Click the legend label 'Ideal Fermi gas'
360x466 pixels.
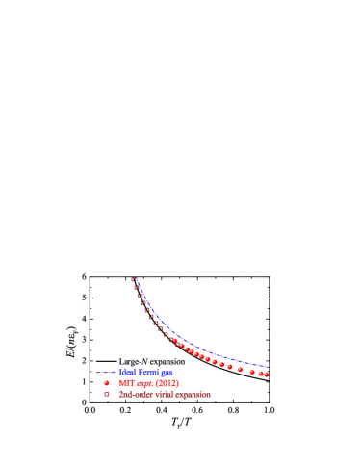(x=145, y=372)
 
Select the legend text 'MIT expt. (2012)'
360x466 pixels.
(x=148, y=383)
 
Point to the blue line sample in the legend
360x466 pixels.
(x=106, y=372)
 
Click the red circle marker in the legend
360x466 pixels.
(x=107, y=383)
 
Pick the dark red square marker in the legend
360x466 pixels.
(x=107, y=394)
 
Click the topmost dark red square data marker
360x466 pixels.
(x=134, y=279)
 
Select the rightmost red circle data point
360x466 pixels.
(x=266, y=375)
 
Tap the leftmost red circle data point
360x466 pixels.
(x=174, y=340)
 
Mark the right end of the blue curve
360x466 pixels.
(x=270, y=367)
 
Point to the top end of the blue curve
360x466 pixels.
(x=136, y=277)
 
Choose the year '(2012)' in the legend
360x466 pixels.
(x=166, y=383)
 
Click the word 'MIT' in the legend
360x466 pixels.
(x=125, y=383)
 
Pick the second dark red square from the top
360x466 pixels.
(x=137, y=287)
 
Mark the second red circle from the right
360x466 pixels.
(x=260, y=374)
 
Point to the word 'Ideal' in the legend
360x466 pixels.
(x=128, y=372)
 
